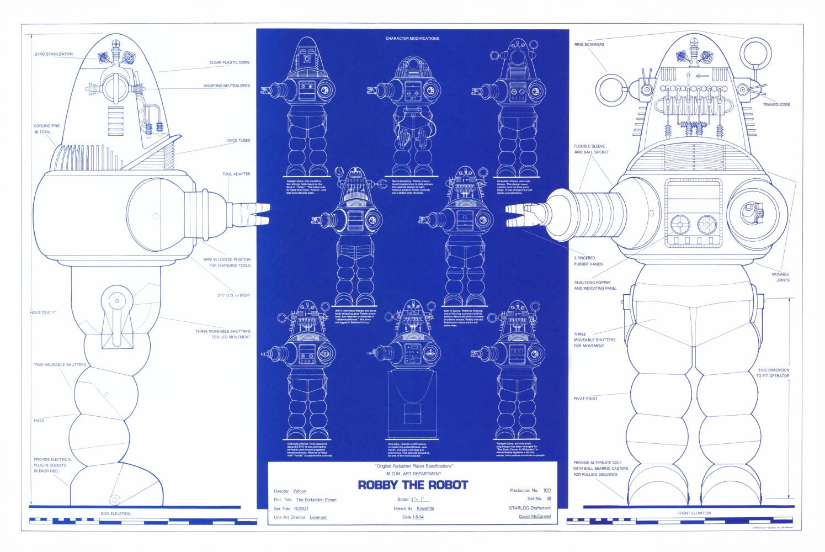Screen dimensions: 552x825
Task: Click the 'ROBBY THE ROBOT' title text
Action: tap(413, 485)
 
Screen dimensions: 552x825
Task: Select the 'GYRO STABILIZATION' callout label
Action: tap(54, 54)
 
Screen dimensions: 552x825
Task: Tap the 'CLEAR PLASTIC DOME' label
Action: tap(230, 62)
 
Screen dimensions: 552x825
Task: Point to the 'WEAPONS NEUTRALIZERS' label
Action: tap(226, 86)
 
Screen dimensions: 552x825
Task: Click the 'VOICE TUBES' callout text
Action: tap(238, 140)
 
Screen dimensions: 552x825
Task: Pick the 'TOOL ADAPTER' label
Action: tap(236, 174)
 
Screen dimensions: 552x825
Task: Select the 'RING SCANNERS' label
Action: tap(589, 44)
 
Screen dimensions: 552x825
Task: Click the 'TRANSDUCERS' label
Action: tap(776, 104)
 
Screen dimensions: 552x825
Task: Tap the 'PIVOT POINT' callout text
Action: tap(585, 399)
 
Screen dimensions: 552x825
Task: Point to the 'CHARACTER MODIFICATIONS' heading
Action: tap(412, 39)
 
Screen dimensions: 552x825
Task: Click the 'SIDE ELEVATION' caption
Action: tap(115, 513)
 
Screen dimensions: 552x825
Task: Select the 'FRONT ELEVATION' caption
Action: tap(694, 513)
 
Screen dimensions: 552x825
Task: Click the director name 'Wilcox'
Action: tap(300, 491)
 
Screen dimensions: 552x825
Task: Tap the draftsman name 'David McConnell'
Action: tap(534, 517)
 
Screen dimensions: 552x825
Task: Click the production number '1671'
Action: tap(547, 490)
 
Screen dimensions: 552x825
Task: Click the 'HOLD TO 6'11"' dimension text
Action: tap(43, 312)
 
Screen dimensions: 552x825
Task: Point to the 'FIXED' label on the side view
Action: tap(39, 421)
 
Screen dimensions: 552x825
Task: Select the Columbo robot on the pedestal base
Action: tap(412, 381)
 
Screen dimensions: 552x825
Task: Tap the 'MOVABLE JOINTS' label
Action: tap(780, 277)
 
